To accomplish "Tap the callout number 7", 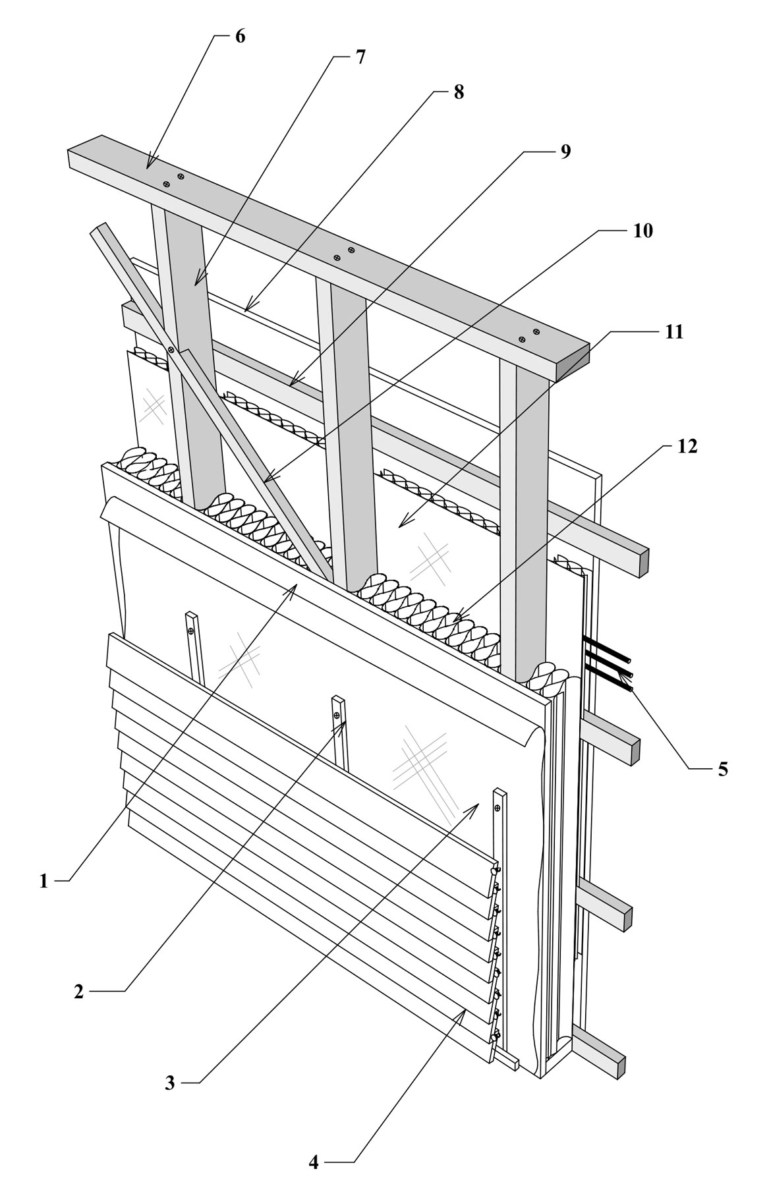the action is point(360,57).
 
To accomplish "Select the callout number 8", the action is point(458,92).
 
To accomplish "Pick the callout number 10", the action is point(643,231).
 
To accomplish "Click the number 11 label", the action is point(673,331).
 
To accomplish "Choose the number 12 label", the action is point(687,446).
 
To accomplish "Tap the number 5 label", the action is point(723,769).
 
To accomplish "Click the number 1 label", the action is point(43,881).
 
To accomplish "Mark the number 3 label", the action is point(170,1083).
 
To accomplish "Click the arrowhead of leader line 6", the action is point(149,162).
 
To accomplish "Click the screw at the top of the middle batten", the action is point(337,715).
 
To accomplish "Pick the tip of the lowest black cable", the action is point(632,689).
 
